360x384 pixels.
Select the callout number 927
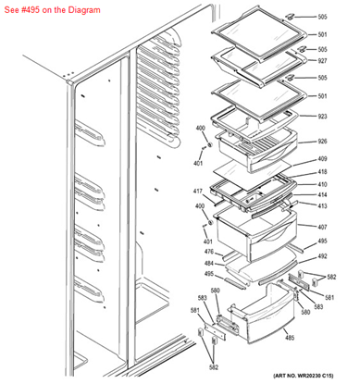[323, 61]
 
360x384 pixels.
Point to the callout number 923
[323, 118]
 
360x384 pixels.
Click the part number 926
[323, 142]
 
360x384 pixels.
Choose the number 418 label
[323, 172]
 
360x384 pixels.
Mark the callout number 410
[323, 184]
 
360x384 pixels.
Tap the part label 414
[323, 195]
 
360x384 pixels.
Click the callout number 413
[323, 206]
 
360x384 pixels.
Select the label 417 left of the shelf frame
[198, 192]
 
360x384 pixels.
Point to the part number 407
[323, 228]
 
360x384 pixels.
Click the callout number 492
[323, 256]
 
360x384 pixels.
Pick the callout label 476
[209, 252]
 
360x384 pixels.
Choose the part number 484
[209, 263]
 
